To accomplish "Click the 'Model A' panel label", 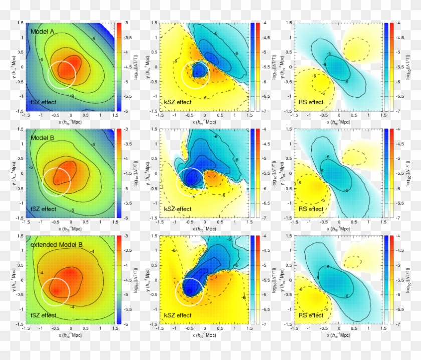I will pyautogui.click(x=44, y=31).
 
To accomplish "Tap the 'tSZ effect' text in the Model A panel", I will pyautogui.click(x=43, y=102).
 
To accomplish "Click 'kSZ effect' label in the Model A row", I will pyautogui.click(x=177, y=102).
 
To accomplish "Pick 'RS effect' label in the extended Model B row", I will pyautogui.click(x=311, y=315).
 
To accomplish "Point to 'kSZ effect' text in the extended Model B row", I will pyautogui.click(x=177, y=315).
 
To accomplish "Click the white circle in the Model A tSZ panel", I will pyautogui.click(x=62, y=75).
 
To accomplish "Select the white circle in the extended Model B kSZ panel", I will pyautogui.click(x=189, y=291).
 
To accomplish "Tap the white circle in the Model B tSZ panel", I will pyautogui.click(x=57, y=181).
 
